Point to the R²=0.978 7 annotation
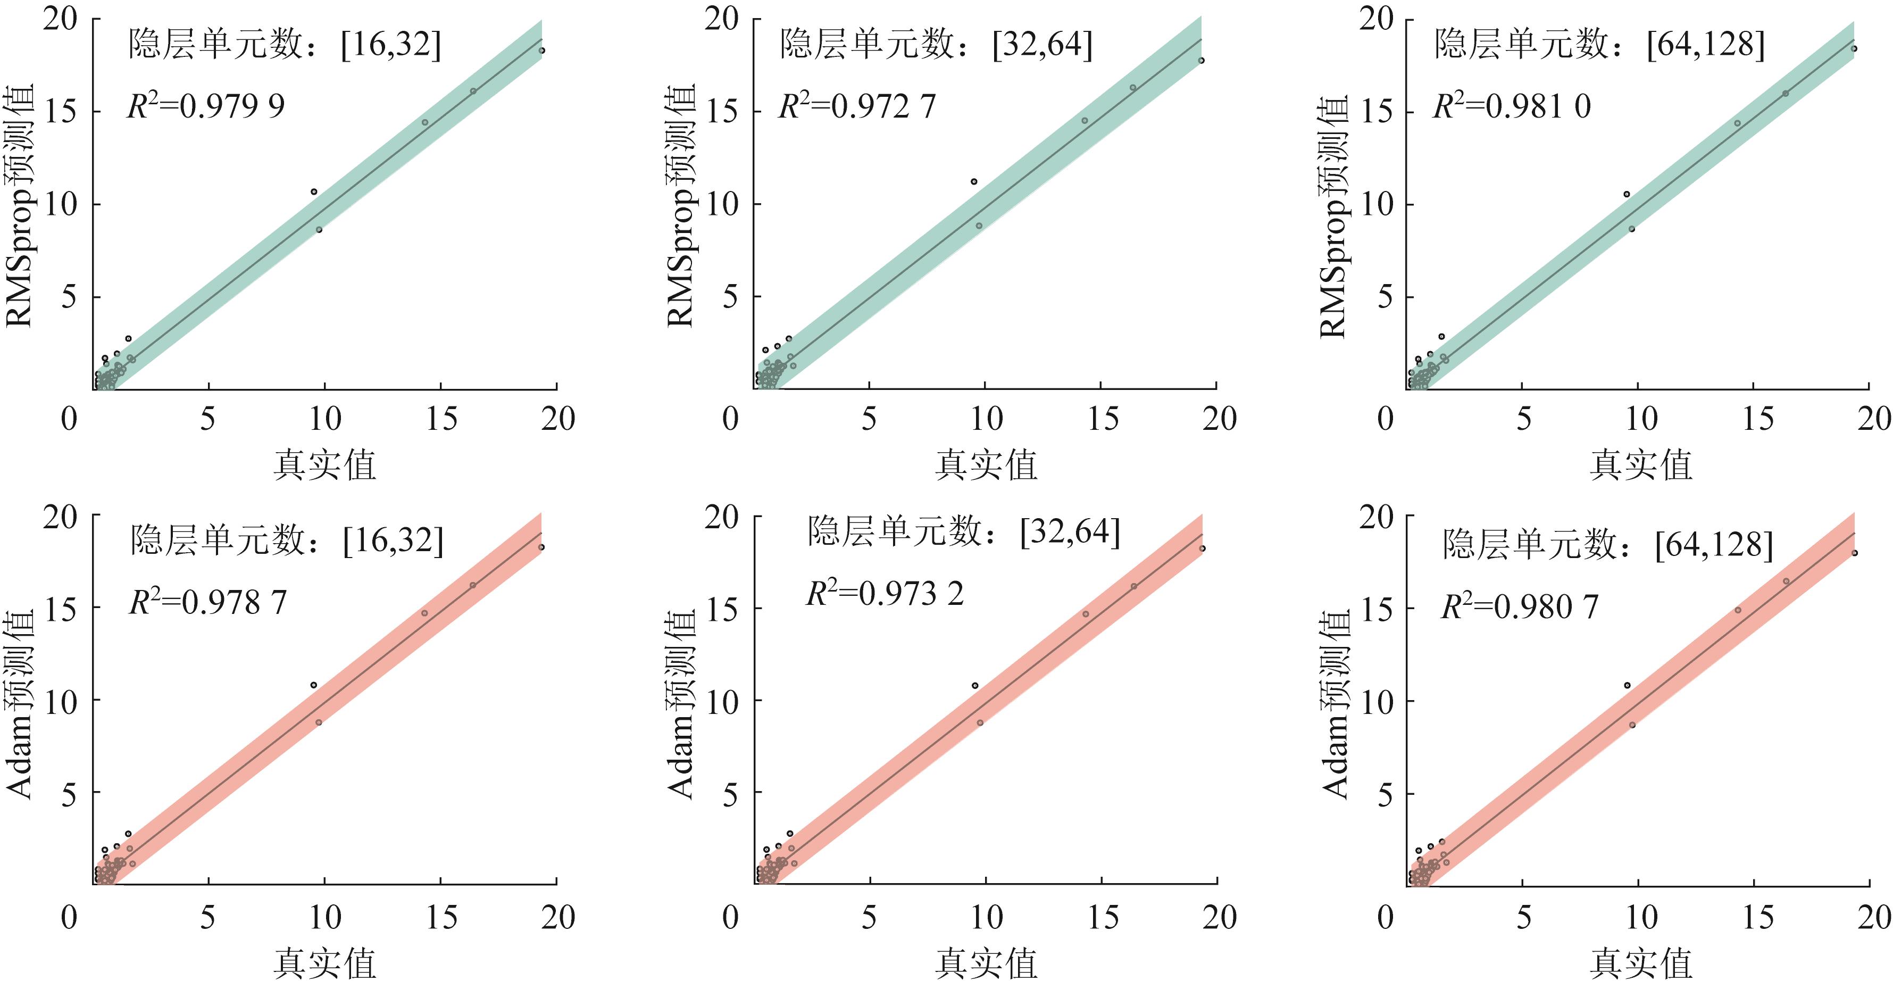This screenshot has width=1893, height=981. [x=208, y=603]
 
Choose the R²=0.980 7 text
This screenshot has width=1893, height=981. [x=1519, y=607]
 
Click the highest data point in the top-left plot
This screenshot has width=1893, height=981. [x=541, y=51]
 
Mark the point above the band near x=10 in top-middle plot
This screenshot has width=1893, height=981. [x=974, y=181]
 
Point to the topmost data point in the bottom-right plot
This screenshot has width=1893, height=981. [x=1854, y=553]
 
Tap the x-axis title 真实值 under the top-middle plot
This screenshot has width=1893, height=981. [x=986, y=465]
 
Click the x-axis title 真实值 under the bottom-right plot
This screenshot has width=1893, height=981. [x=1641, y=962]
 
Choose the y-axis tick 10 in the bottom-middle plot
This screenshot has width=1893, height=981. [x=722, y=702]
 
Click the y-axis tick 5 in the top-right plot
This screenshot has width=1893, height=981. [x=1385, y=297]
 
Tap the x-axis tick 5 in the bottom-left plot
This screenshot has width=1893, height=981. [x=208, y=918]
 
